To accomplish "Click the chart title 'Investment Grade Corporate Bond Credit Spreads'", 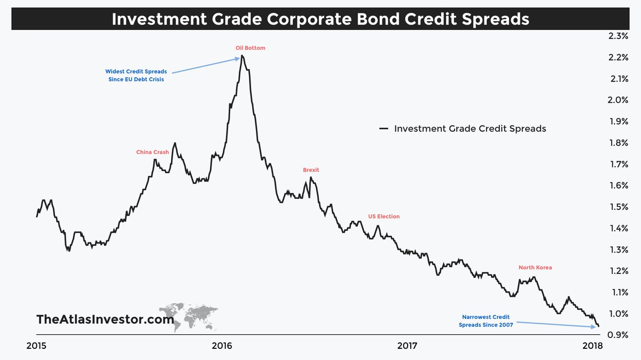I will tap(320, 19).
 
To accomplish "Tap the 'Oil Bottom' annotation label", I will tap(250, 48).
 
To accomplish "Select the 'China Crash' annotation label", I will tap(152, 152).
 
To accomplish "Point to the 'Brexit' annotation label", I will tap(311, 170).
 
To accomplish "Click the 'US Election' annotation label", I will tap(384, 216).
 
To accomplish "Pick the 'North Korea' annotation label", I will tap(535, 267).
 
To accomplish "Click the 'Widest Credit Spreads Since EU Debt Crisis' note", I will tap(136, 75).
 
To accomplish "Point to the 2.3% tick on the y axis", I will tap(617, 36).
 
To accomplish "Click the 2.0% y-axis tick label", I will tap(617, 100).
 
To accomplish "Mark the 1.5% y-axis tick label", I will tap(617, 207).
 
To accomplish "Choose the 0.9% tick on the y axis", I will tap(617, 335).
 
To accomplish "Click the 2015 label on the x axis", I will tap(36, 346).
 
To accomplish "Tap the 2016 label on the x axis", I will tap(222, 346).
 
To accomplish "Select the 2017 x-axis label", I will tap(407, 346).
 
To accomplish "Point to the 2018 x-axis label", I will tap(592, 346).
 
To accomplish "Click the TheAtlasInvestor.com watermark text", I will tap(105, 319).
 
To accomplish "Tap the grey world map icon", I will tap(190, 316).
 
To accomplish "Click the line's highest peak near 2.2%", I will tap(242, 56).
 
